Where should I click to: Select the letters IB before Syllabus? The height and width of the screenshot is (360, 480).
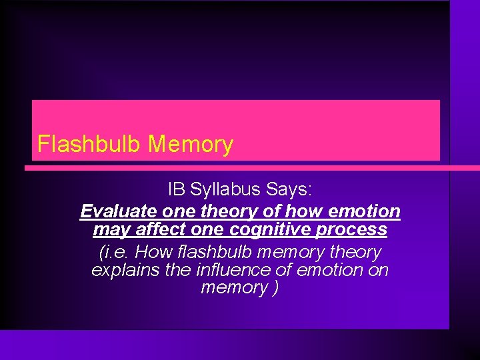tap(177, 189)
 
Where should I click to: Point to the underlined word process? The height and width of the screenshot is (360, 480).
tap(357, 231)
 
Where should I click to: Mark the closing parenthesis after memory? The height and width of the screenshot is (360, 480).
tap(275, 289)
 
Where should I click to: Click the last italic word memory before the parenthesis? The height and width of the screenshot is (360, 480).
tap(233, 289)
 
